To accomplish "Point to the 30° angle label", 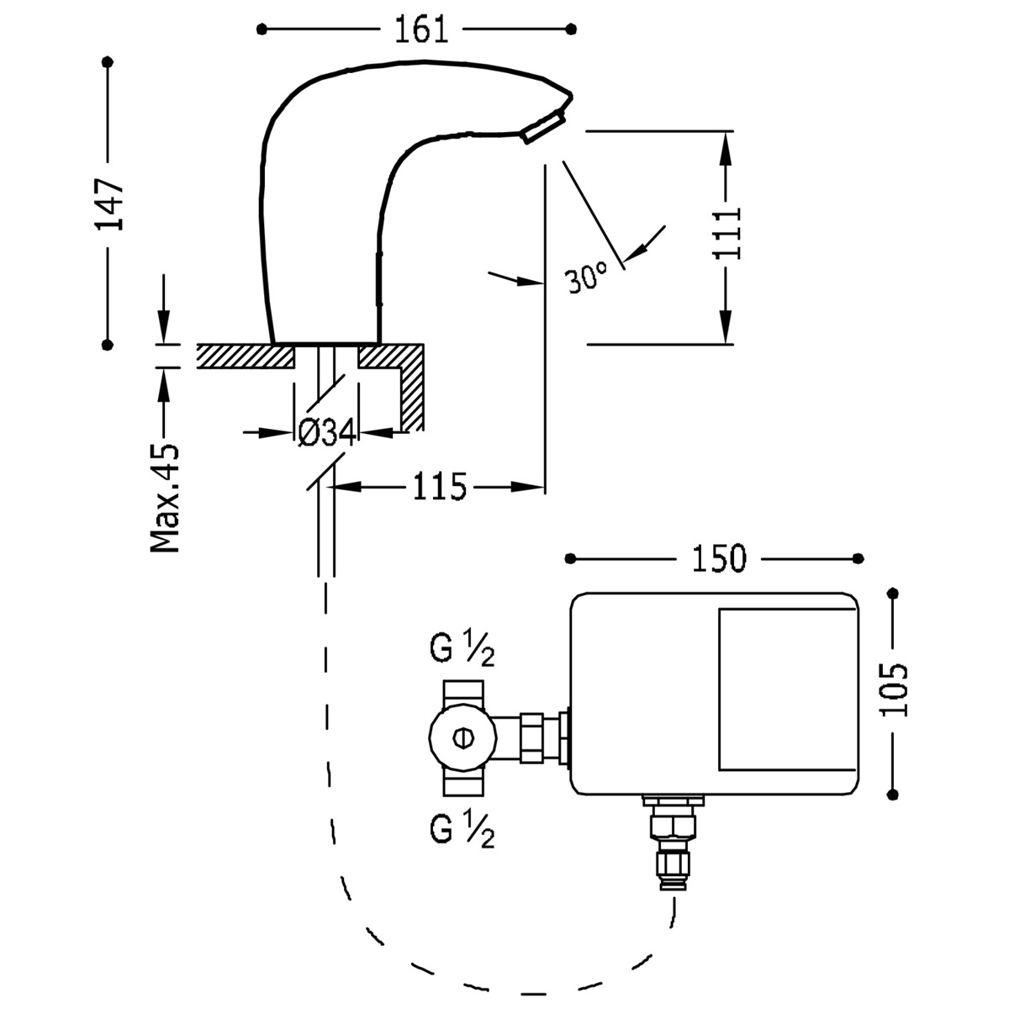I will click(586, 277).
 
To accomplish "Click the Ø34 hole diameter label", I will click(327, 433).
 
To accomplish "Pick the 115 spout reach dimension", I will click(439, 486).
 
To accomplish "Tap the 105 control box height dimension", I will click(896, 689).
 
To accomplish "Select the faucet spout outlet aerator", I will click(543, 129).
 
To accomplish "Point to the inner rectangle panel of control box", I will click(787, 689).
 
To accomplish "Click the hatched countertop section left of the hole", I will click(244, 356).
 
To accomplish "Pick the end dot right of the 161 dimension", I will click(573, 29).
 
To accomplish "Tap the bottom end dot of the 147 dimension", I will click(107, 343).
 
